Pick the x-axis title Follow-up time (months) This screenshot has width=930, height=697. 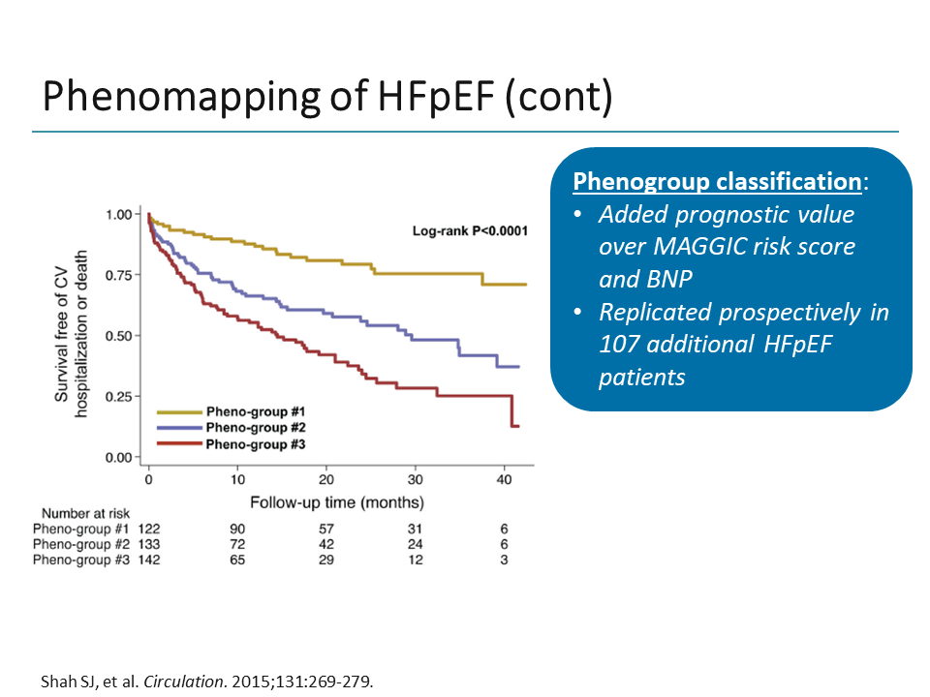[x=336, y=503]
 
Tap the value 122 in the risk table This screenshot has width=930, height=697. [x=148, y=530]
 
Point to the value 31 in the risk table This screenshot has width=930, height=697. [x=416, y=530]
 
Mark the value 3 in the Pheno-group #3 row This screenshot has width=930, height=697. [x=505, y=560]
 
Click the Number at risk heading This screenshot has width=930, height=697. [x=85, y=513]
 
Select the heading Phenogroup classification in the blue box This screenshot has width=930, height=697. [x=716, y=182]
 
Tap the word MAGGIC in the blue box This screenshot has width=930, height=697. [x=686, y=247]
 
